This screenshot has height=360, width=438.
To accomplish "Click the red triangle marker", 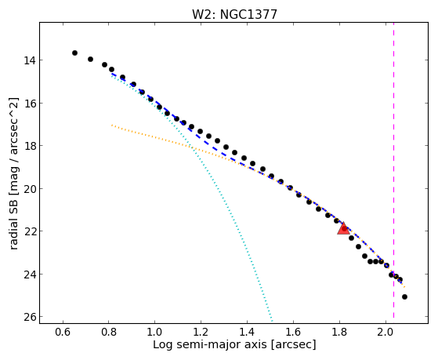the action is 343,228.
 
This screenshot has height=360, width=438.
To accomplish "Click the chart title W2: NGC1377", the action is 234,15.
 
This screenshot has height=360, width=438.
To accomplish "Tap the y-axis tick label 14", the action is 29,60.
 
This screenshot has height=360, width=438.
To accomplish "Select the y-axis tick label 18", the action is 29,146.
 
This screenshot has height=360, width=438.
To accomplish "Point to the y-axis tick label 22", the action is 29,231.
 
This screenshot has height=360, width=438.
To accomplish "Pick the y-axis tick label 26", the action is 29,317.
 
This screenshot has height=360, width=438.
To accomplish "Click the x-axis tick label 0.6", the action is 63,332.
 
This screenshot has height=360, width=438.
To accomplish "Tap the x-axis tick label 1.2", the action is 201,332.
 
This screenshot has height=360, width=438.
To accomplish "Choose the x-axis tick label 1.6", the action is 293,332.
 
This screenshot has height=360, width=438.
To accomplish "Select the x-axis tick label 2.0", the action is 386,332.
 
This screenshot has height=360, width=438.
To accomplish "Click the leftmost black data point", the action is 74,53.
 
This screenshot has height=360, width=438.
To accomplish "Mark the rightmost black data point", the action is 404,296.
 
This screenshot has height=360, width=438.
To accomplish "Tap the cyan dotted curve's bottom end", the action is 272,321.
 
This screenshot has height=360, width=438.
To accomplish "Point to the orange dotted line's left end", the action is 112,125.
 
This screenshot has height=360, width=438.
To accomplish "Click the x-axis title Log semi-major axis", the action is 210,344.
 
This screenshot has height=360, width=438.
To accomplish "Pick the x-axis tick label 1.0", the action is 155,332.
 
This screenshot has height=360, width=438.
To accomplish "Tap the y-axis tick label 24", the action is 29,275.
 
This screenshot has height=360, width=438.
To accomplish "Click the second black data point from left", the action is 90,59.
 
